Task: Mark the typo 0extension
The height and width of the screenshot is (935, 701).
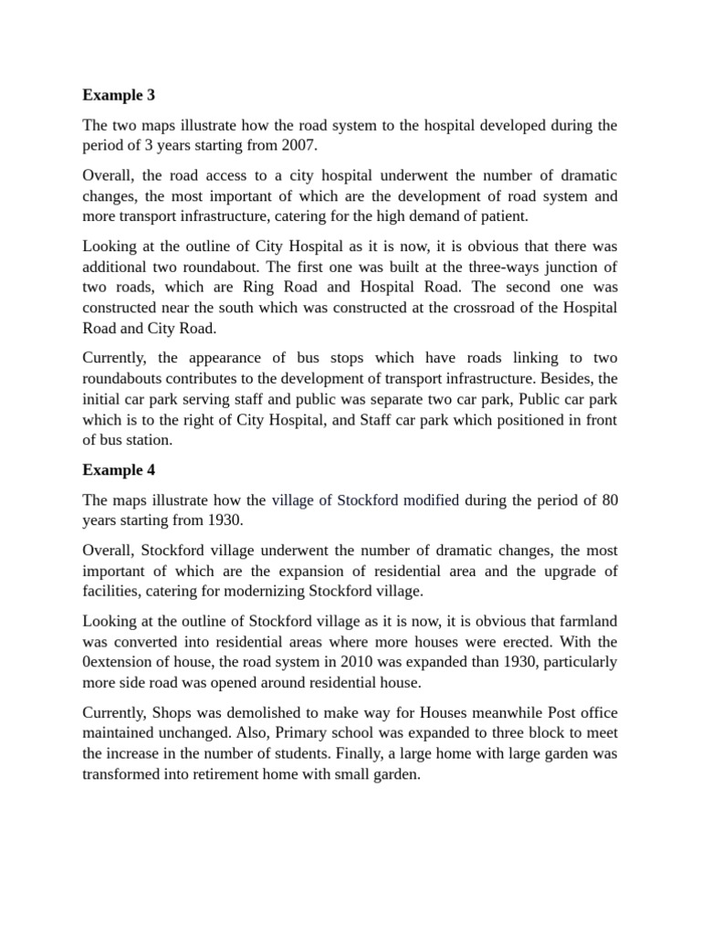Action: (121, 661)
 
